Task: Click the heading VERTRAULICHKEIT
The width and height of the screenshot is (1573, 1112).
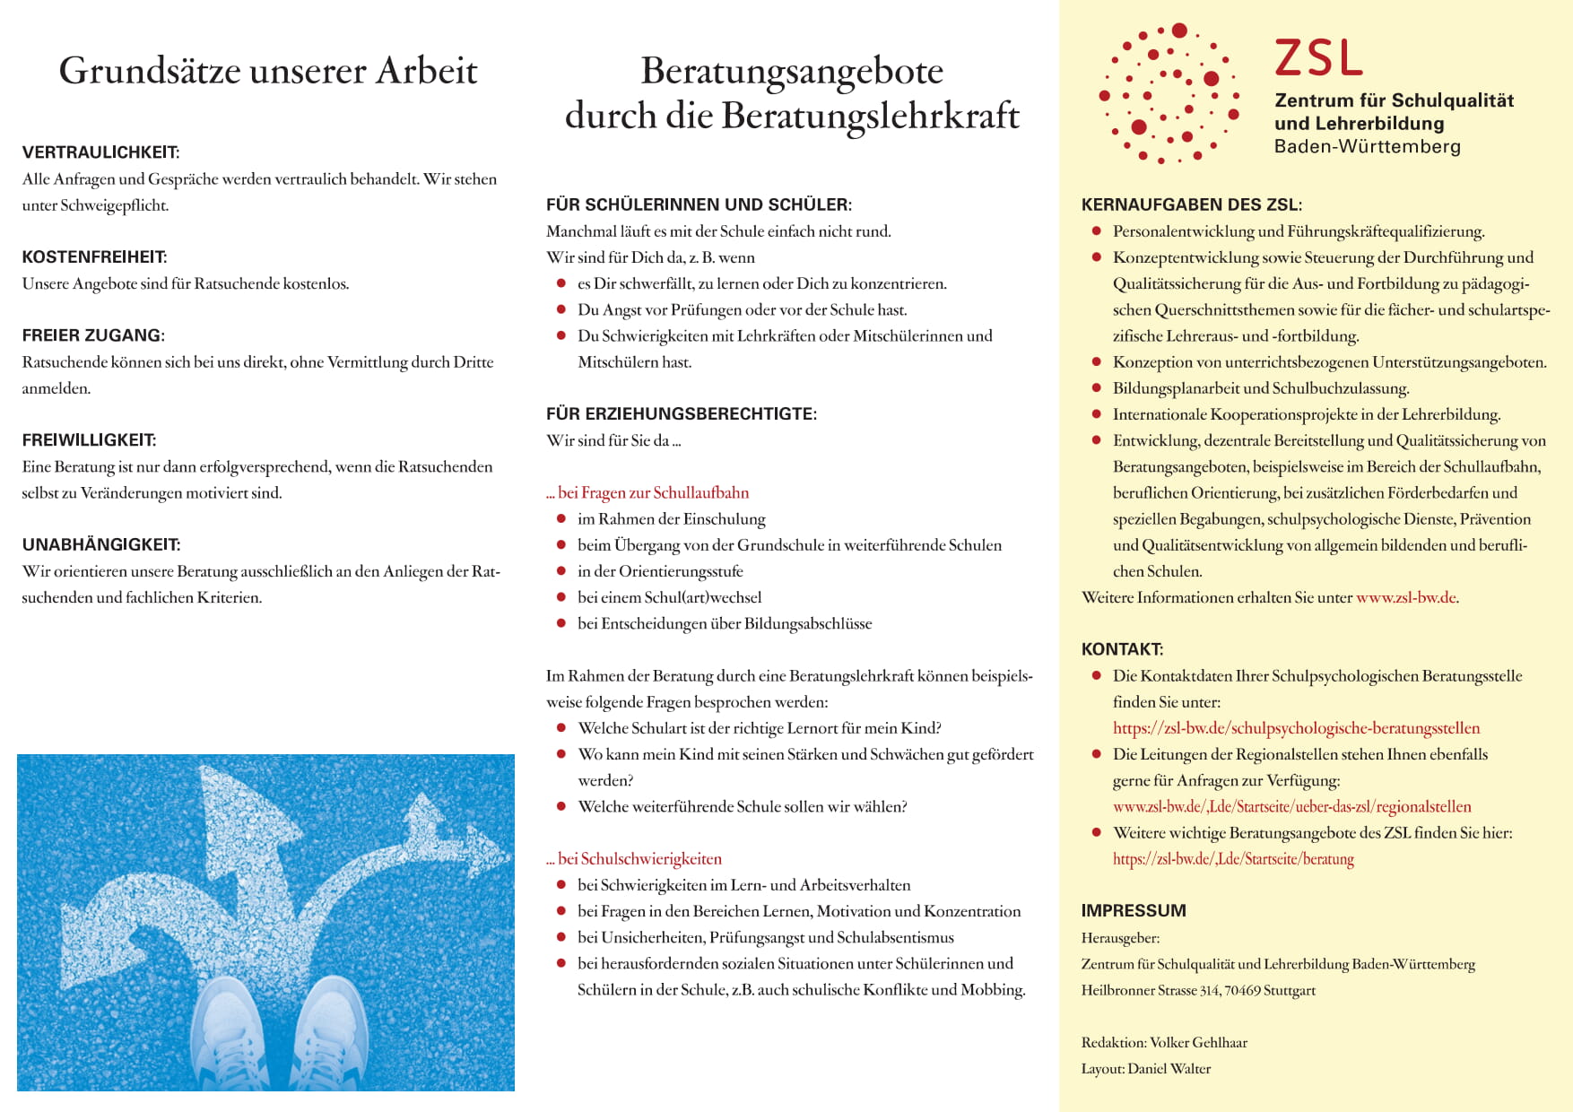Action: [x=100, y=152]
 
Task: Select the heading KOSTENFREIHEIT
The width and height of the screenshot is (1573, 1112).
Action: [x=94, y=257]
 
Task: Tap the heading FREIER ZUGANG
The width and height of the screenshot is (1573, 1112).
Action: [x=93, y=335]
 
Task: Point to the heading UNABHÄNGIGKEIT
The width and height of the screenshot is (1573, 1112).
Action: [x=100, y=545]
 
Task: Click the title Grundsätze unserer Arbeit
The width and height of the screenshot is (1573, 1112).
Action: [x=267, y=71]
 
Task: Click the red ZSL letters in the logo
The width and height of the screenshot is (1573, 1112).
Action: [x=1317, y=58]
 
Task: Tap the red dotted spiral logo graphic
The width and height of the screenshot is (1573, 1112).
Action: [x=1169, y=93]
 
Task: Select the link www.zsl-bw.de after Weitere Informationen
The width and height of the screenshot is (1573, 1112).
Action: [x=1405, y=598]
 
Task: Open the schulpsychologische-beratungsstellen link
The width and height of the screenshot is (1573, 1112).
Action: [x=1296, y=728]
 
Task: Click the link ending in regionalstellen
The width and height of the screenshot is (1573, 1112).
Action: [x=1291, y=807]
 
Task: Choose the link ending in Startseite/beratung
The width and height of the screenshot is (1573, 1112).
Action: [x=1233, y=859]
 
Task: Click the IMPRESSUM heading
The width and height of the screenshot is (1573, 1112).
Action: [x=1133, y=911]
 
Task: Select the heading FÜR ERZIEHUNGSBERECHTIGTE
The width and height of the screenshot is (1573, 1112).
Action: [x=681, y=414]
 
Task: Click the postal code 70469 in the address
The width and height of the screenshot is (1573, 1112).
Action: [x=1242, y=991]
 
